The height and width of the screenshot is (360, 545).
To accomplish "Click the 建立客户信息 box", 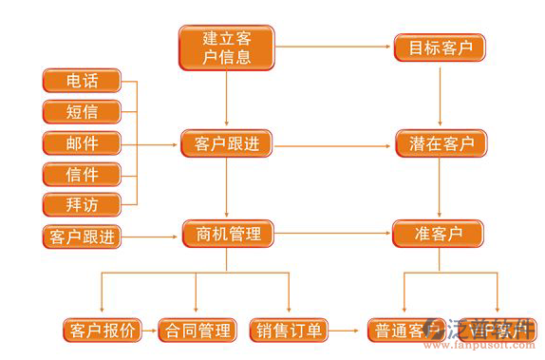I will click(227, 47).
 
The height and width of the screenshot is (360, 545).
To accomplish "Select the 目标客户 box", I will click(439, 47).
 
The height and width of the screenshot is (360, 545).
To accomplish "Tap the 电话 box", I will click(83, 81).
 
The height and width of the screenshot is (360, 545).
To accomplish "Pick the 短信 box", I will click(83, 111).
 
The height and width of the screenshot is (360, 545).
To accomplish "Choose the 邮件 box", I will click(83, 143).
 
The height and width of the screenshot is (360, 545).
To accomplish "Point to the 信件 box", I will click(83, 174).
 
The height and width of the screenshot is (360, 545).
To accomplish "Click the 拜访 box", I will click(83, 203).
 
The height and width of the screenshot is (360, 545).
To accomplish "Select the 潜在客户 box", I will click(439, 144).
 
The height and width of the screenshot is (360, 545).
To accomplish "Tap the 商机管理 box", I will click(228, 233).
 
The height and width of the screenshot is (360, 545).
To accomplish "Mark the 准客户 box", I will click(439, 233).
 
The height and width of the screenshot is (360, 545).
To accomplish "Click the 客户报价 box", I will click(103, 331).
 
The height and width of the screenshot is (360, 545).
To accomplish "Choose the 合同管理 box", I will click(197, 331).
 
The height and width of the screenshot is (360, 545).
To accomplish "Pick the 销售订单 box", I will click(290, 331).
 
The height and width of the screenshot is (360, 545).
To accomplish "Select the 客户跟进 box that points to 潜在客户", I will click(228, 144).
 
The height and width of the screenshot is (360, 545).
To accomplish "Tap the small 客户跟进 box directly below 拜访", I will click(83, 237).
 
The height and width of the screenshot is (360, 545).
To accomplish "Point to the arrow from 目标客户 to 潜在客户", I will click(439, 95).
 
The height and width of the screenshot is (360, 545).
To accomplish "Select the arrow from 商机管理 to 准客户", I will click(332, 233).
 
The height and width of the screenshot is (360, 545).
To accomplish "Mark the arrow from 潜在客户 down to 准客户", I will click(439, 188).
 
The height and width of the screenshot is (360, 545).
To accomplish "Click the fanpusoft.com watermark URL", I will click(486, 352).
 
